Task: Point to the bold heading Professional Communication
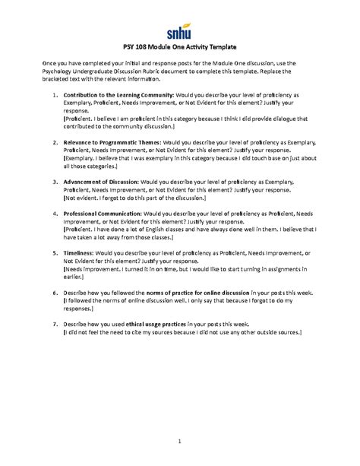(101, 214)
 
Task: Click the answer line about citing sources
(182, 332)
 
